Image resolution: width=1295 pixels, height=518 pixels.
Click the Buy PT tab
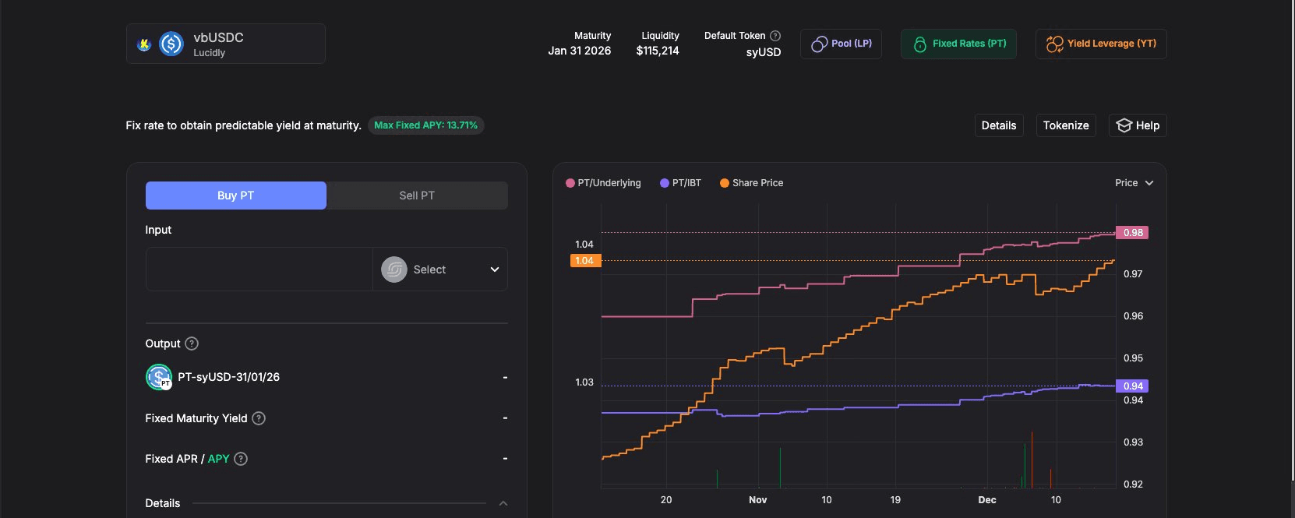(235, 196)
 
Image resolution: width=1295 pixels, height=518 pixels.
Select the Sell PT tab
(417, 196)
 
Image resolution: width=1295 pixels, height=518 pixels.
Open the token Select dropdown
(440, 270)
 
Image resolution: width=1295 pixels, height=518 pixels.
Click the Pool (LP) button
(841, 44)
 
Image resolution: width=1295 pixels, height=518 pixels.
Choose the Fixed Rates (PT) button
(958, 44)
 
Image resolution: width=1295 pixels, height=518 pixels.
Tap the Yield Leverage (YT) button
(1100, 44)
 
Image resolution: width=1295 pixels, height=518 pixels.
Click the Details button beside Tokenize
(998, 125)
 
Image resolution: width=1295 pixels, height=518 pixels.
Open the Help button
(1138, 125)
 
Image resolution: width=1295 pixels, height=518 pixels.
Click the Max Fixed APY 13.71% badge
(425, 125)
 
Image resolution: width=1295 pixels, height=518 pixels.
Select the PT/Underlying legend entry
(603, 183)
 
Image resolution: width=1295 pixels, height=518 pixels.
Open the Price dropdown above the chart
(1134, 183)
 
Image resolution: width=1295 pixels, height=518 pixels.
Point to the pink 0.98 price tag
(1132, 233)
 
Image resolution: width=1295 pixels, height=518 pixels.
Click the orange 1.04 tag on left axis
(584, 261)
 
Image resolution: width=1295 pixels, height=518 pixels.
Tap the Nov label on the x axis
(757, 500)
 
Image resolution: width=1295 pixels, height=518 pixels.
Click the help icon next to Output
(192, 344)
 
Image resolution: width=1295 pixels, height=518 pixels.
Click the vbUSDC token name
(218, 37)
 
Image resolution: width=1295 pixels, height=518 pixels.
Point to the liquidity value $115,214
(658, 51)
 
